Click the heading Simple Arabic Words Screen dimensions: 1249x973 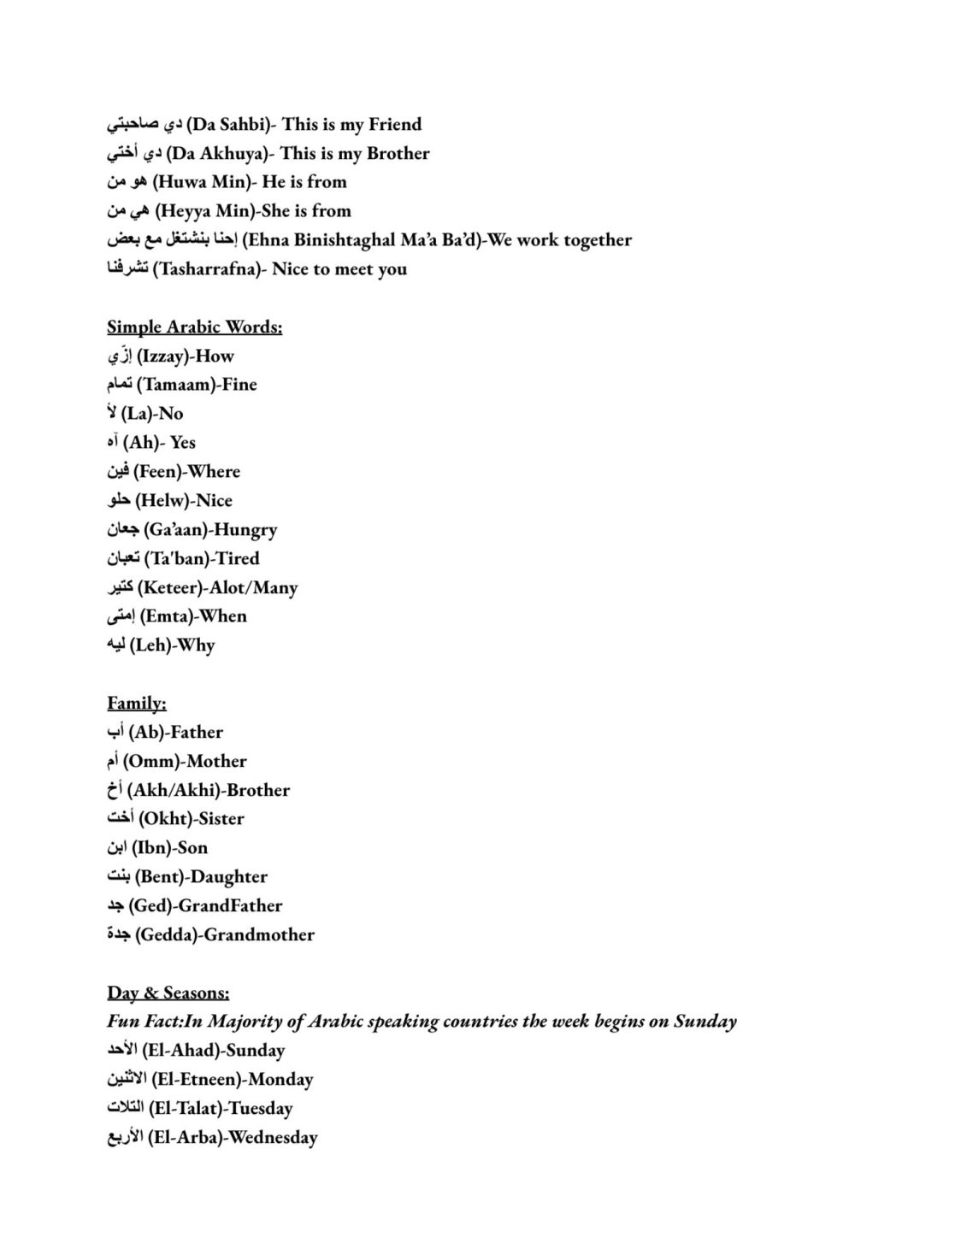[x=194, y=327]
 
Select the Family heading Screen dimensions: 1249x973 [x=137, y=704]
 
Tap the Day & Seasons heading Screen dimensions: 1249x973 [x=168, y=993]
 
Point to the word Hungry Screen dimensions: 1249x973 [x=245, y=530]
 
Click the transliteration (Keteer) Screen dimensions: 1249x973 [x=169, y=588]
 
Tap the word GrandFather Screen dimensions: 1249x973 [x=230, y=906]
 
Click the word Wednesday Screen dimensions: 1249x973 [x=273, y=1138]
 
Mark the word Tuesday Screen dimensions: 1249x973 [x=261, y=1109]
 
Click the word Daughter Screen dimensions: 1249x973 [x=229, y=877]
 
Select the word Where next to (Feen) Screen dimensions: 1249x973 [x=214, y=472]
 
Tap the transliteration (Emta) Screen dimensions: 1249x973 [x=165, y=616]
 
